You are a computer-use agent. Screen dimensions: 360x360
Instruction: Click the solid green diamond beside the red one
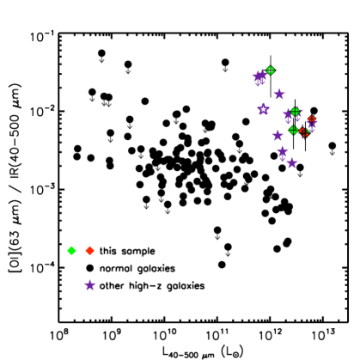pos(71,251)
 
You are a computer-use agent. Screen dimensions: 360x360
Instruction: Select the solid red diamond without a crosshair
pos(90,251)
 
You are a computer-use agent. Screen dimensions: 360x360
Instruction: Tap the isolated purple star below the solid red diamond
pos(90,285)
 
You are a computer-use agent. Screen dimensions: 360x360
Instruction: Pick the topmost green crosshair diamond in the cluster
pos(271,70)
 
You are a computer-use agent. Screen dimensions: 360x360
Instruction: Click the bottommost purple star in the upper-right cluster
pos(292,163)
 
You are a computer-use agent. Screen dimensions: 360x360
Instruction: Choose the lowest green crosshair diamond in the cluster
pos(294,131)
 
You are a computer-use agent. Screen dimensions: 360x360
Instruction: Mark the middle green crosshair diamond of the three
pos(295,112)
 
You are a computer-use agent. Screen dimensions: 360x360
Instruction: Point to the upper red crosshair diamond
pos(312,120)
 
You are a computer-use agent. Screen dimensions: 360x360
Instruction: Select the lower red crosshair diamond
pos(304,132)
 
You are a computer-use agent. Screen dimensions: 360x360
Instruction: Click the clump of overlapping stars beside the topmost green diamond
pos(259,77)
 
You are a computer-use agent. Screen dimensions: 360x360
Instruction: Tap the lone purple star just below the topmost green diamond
pos(279,94)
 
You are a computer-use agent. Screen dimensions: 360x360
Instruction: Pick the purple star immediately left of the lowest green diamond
pos(278,135)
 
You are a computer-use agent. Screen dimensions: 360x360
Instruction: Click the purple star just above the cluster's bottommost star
pos(282,152)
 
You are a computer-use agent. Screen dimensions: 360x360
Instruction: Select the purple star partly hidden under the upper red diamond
pos(311,126)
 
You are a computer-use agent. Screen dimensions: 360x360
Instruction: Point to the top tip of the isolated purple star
pos(90,278)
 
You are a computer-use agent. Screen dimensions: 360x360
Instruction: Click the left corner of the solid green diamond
pos(66,251)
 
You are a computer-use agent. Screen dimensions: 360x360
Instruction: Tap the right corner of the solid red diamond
pos(95,251)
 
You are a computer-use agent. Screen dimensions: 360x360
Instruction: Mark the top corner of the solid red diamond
pos(90,246)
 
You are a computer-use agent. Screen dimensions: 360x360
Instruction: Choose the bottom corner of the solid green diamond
pos(71,256)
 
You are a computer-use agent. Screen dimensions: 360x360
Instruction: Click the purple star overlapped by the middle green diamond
pos(290,113)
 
